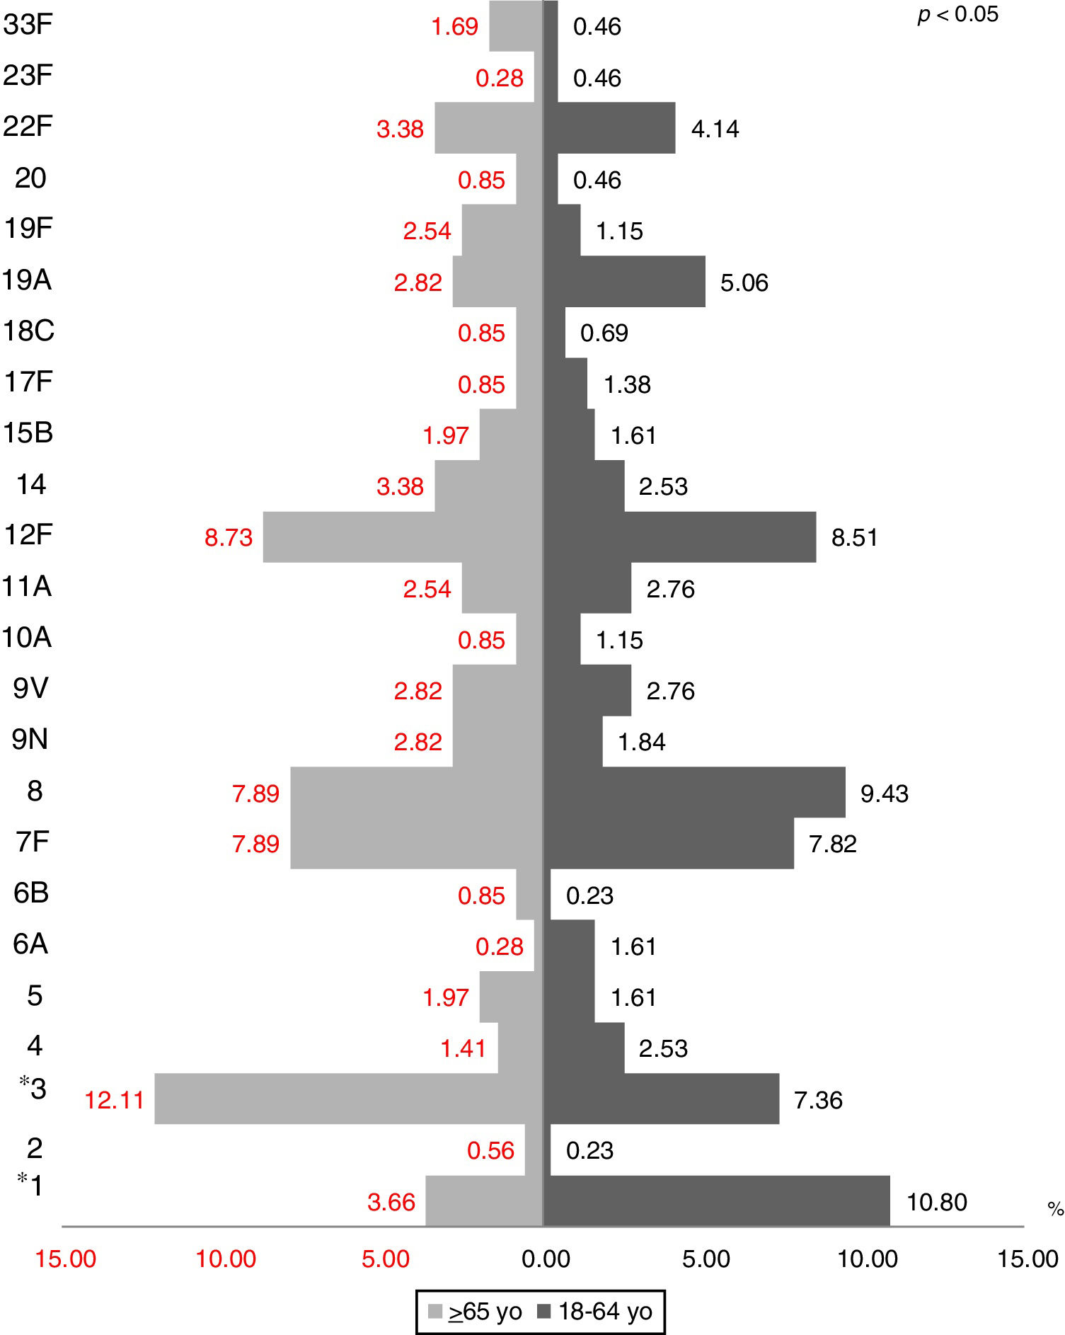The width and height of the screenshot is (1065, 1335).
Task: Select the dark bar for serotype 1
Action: [x=716, y=1201]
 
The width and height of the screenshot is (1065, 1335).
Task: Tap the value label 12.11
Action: [x=114, y=1100]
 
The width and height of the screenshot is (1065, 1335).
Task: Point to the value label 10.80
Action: [x=936, y=1202]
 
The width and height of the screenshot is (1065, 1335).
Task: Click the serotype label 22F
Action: [x=28, y=127]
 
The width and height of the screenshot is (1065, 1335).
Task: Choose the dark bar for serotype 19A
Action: [x=625, y=282]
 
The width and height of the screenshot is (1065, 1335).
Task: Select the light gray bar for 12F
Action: [x=402, y=537]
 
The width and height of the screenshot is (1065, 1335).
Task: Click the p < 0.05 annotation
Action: [x=957, y=14]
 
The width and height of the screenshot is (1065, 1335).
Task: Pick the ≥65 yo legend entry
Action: [x=476, y=1312]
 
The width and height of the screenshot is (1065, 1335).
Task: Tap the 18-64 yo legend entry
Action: [x=596, y=1312]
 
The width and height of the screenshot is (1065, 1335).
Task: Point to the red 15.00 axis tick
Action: [x=66, y=1259]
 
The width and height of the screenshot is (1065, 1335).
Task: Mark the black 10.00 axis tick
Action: [x=868, y=1259]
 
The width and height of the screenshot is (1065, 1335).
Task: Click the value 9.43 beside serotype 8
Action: [x=884, y=793]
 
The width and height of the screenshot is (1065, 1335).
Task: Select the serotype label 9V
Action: [x=30, y=688]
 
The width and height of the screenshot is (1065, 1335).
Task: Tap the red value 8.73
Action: [x=228, y=538]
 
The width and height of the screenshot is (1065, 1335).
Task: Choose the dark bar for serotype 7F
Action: [x=669, y=843]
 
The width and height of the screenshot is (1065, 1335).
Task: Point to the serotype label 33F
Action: [x=28, y=25]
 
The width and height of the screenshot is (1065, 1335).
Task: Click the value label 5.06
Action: [x=744, y=282]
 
